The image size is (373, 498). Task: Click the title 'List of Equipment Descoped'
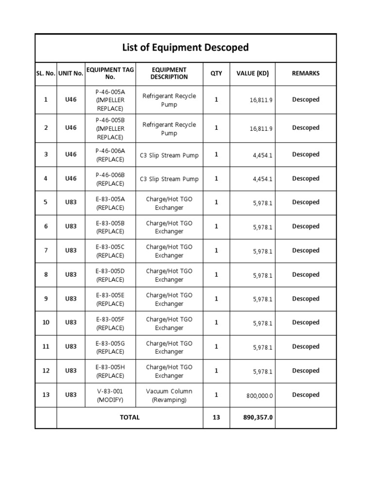pyautogui.click(x=186, y=48)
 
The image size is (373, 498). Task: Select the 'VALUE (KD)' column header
pyautogui.click(x=253, y=73)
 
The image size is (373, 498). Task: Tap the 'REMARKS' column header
pyautogui.click(x=305, y=73)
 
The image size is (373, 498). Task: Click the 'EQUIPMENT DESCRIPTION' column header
pyautogui.click(x=169, y=73)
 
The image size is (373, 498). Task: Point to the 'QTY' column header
pyautogui.click(x=216, y=73)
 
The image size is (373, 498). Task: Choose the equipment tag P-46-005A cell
pyautogui.click(x=110, y=100)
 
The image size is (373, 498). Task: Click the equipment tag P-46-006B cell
pyautogui.click(x=110, y=179)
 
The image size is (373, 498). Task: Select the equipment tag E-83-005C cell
pyautogui.click(x=110, y=251)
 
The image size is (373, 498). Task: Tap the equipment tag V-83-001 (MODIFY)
pyautogui.click(x=110, y=395)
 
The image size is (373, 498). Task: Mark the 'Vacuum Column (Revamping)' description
pyautogui.click(x=169, y=395)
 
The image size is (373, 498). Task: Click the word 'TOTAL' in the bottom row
pyautogui.click(x=130, y=417)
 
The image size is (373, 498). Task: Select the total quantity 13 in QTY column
pyautogui.click(x=216, y=417)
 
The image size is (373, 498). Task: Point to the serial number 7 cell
pyautogui.click(x=46, y=250)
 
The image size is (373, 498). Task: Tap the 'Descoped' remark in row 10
pyautogui.click(x=305, y=322)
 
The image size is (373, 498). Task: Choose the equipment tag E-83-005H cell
pyautogui.click(x=110, y=372)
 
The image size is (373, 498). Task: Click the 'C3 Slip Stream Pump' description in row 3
pyautogui.click(x=169, y=155)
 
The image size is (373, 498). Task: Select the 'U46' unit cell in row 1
pyautogui.click(x=71, y=100)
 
